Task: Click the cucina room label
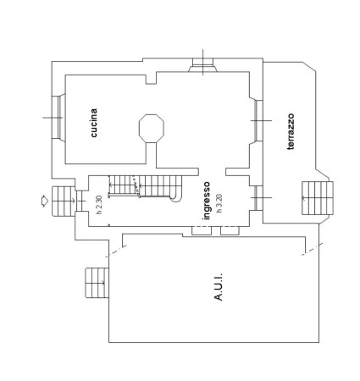click(94, 123)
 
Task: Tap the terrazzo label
click(291, 131)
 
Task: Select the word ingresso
click(207, 201)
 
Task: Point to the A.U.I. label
click(219, 287)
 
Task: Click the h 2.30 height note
click(99, 205)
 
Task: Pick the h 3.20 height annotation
click(219, 203)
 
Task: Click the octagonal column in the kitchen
click(152, 129)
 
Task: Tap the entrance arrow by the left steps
click(45, 201)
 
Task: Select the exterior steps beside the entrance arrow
click(64, 201)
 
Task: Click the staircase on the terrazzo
click(318, 198)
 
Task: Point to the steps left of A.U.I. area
click(97, 283)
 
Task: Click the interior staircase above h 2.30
click(145, 186)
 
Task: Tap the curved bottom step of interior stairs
click(176, 198)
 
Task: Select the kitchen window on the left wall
click(58, 118)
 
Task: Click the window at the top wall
click(203, 65)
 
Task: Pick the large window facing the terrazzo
click(256, 120)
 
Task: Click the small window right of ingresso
click(257, 197)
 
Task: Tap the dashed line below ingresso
click(216, 227)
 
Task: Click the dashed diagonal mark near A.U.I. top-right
click(313, 249)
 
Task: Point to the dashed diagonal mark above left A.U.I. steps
click(116, 251)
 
